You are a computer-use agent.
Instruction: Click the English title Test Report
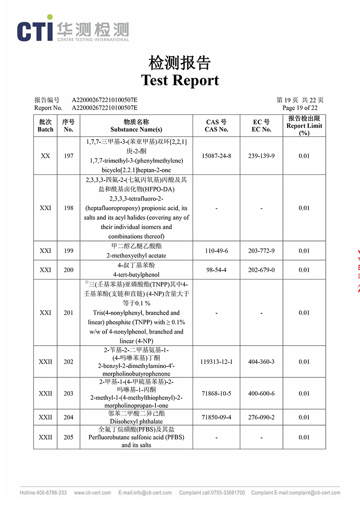180,80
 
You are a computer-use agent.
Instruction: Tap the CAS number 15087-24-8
216,156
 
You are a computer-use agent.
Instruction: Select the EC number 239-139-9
261,156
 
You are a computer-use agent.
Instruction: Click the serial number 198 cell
69,208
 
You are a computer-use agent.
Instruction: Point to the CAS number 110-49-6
216,251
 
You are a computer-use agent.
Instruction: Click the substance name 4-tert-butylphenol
136,274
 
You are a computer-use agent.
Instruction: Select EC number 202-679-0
261,270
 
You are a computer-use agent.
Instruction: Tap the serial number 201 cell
69,313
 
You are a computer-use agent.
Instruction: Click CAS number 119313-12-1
216,362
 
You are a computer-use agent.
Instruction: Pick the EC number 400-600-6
261,393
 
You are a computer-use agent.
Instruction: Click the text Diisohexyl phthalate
136,422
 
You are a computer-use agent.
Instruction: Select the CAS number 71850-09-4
216,417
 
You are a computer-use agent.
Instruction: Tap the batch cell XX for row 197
45,156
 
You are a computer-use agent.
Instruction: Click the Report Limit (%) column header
304,126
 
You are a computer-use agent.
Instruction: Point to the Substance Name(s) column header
136,130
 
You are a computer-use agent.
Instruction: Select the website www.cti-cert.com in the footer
92,492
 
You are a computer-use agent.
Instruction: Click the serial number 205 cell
69,437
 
